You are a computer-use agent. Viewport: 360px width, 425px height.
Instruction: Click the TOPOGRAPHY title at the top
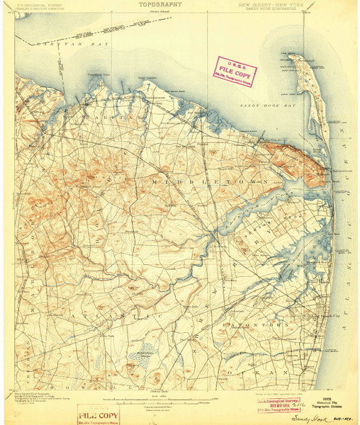click(x=159, y=4)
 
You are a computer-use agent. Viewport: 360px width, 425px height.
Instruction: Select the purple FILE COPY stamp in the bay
click(x=236, y=69)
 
